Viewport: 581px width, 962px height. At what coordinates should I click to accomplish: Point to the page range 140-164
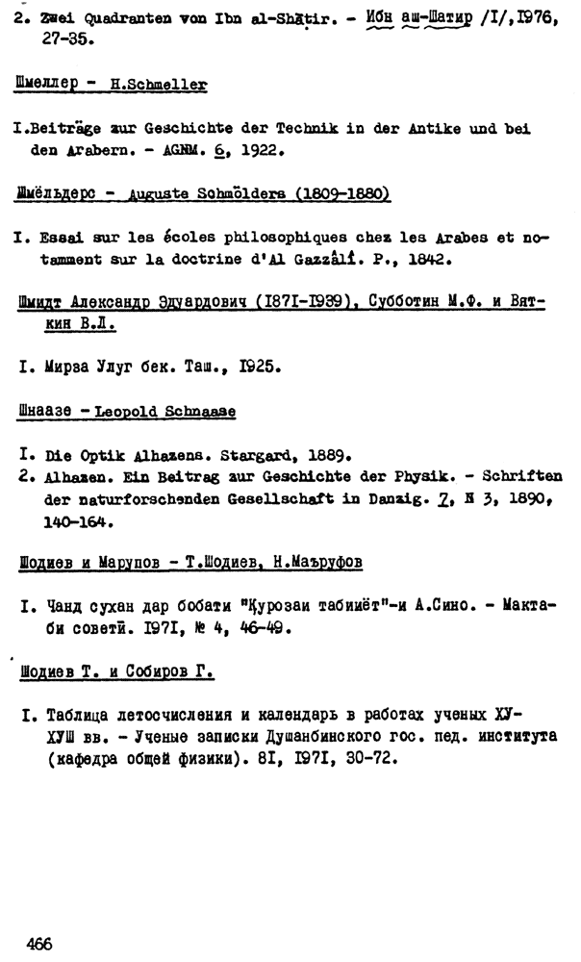point(79,524)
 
